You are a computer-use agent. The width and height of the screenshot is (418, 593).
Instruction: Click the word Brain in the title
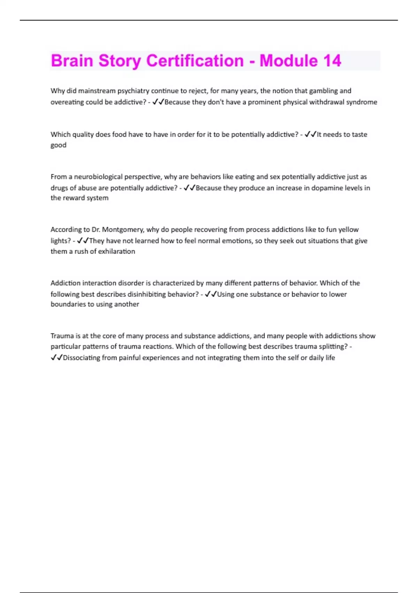pyautogui.click(x=72, y=61)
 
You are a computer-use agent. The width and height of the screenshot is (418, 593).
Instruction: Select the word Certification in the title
pyautogui.click(x=195, y=61)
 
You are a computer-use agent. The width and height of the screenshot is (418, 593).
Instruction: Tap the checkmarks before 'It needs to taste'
pyautogui.click(x=310, y=134)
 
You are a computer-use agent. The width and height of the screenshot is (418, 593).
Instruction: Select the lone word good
pyautogui.click(x=58, y=145)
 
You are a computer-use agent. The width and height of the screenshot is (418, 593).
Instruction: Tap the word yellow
pyautogui.click(x=348, y=230)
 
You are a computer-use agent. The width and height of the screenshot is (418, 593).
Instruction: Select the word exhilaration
pyautogui.click(x=116, y=252)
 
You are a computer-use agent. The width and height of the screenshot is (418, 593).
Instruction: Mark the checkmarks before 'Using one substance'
pyautogui.click(x=211, y=294)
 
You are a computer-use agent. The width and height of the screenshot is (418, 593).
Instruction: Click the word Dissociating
pyautogui.click(x=82, y=358)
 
